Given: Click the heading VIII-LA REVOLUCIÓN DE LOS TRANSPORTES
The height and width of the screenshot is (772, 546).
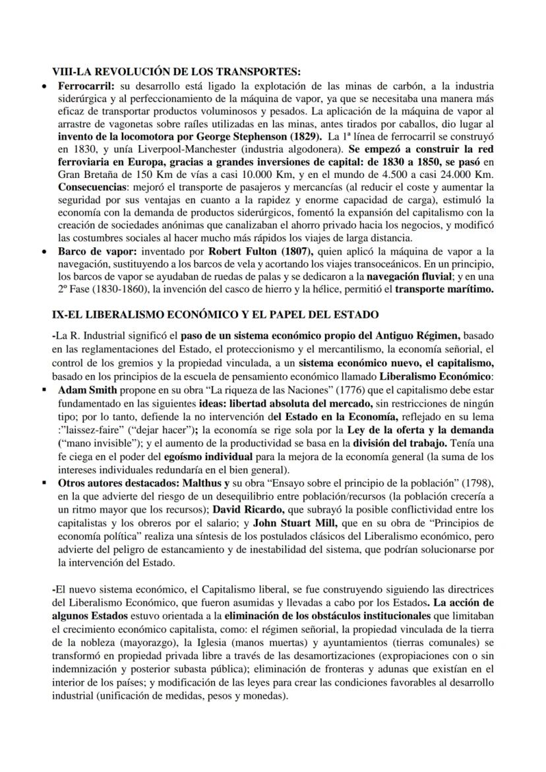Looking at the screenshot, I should point(176,71).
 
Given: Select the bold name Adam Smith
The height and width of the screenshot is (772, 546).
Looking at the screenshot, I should point(86,389).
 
